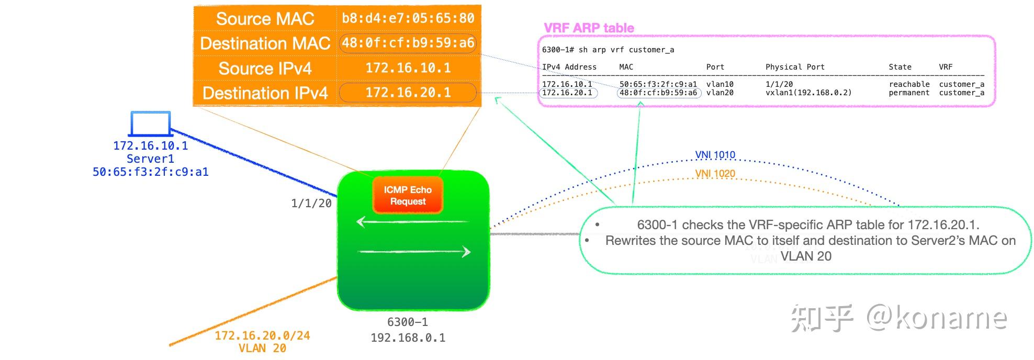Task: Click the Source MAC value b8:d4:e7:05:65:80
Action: [x=408, y=18]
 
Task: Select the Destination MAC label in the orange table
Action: [x=265, y=43]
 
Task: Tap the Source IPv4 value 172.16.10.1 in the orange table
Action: [x=408, y=68]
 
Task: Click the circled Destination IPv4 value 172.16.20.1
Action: [x=408, y=93]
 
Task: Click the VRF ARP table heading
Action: [x=589, y=28]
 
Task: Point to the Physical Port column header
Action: [x=794, y=67]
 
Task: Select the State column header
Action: [x=900, y=67]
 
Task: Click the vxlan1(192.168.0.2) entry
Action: [x=808, y=93]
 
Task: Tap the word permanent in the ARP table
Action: [x=909, y=93]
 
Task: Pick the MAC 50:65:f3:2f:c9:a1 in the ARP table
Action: [x=658, y=84]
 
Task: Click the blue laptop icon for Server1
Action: [x=150, y=124]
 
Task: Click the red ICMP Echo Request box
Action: [x=408, y=196]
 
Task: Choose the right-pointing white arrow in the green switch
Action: [x=414, y=252]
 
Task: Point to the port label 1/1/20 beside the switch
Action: [x=311, y=204]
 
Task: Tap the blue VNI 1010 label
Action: [x=715, y=155]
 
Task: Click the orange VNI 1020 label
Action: [x=715, y=174]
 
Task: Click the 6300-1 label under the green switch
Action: [x=407, y=322]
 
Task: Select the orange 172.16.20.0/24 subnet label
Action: [x=262, y=336]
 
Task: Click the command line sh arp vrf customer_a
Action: [x=608, y=50]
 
